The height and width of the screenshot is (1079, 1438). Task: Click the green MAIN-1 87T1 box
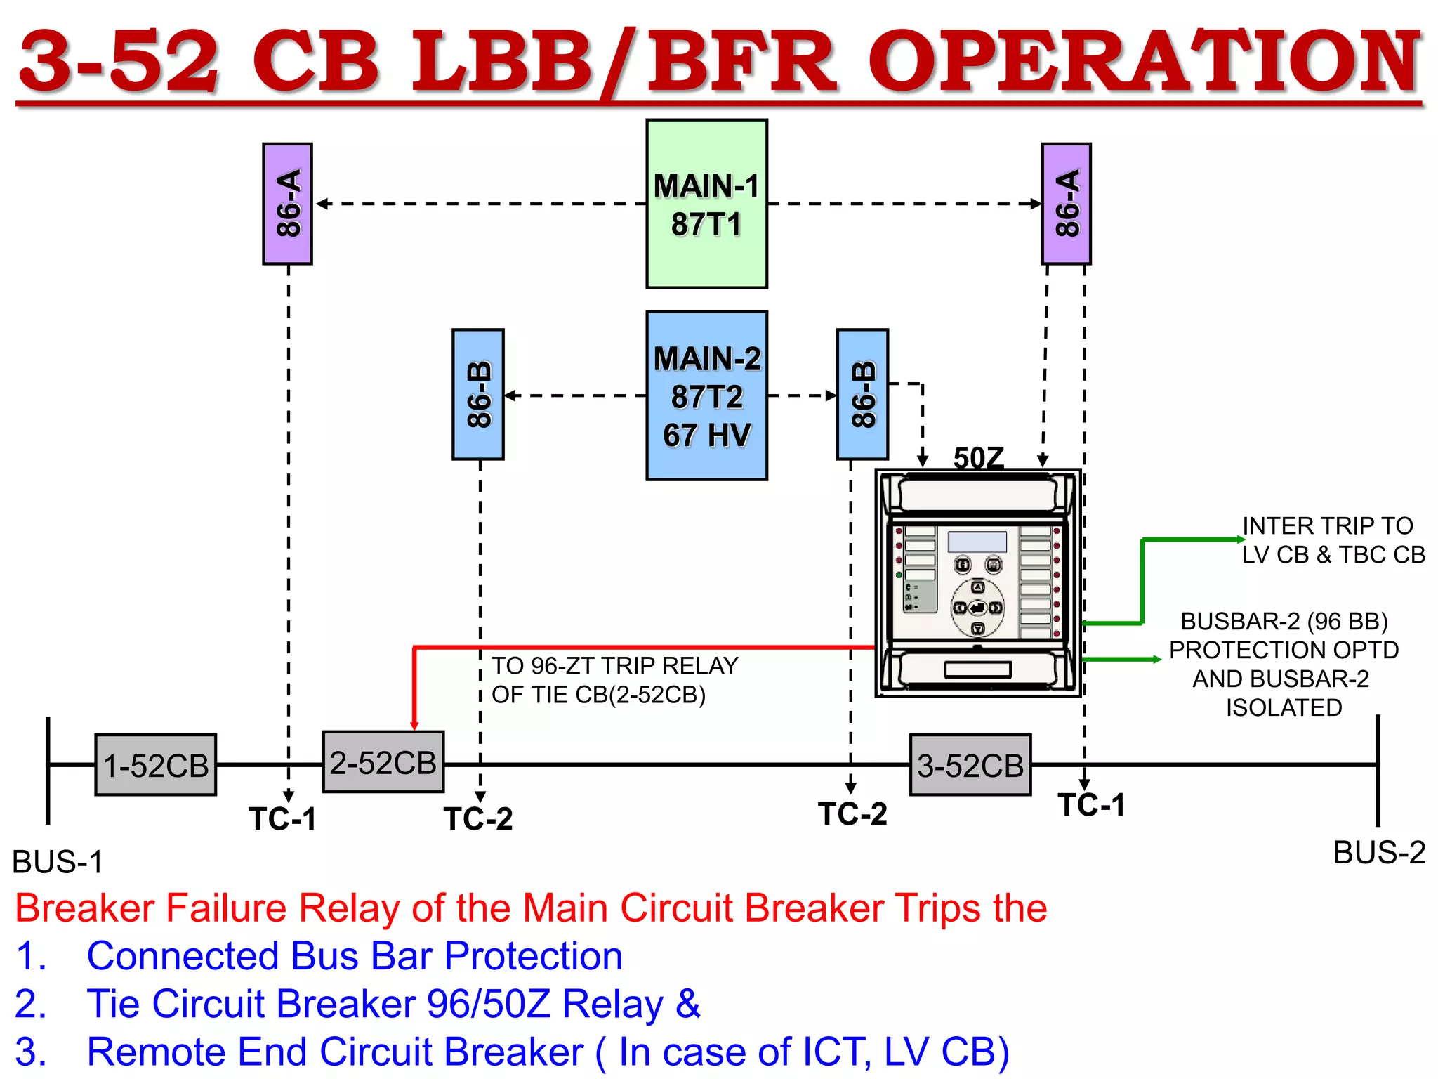[x=706, y=204]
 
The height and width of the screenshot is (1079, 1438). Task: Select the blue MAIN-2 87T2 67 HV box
[x=706, y=395]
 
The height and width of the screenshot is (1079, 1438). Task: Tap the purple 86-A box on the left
[x=287, y=204]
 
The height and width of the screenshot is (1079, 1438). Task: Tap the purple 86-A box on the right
[x=1066, y=204]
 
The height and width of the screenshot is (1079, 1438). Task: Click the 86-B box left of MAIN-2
[x=478, y=394]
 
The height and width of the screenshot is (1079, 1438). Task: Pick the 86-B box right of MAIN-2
[x=862, y=394]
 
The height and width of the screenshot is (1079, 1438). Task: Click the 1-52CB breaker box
[x=156, y=765]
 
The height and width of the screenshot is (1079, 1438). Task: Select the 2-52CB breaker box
[x=383, y=762]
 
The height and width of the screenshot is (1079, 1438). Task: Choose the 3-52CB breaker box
[x=970, y=765]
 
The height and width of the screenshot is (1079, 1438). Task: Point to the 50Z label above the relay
[x=978, y=458]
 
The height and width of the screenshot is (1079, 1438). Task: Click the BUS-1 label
[x=58, y=862]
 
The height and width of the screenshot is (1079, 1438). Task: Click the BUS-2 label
[x=1379, y=853]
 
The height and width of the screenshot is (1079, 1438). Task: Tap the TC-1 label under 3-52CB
[x=1092, y=805]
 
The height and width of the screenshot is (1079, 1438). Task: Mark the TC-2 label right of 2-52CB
[x=478, y=819]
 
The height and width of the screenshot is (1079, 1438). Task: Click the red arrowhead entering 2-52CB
[x=414, y=725]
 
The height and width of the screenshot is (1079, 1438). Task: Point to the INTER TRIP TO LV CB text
[x=1333, y=539]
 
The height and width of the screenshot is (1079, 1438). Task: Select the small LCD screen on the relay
[x=977, y=542]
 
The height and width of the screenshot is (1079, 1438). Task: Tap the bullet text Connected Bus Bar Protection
[x=355, y=956]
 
